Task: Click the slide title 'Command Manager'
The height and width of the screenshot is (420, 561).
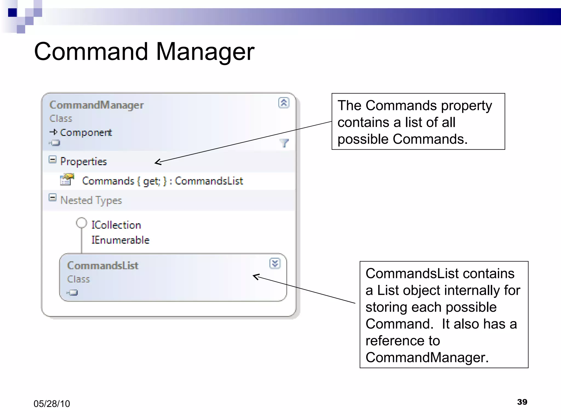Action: tap(144, 52)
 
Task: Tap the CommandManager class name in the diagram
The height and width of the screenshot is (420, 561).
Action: tap(96, 105)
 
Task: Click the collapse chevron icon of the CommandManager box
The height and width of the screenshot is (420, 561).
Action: tap(284, 103)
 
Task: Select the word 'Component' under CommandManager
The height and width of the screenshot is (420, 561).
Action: tap(86, 133)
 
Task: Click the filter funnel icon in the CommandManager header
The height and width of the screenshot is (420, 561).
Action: tap(284, 143)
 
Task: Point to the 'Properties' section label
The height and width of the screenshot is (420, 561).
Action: tap(84, 162)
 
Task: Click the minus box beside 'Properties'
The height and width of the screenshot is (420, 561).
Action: tap(52, 160)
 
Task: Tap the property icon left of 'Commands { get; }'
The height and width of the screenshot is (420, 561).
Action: tap(67, 180)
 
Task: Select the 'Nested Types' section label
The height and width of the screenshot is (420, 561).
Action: tap(91, 200)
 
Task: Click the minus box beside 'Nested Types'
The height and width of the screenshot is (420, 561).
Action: tap(52, 197)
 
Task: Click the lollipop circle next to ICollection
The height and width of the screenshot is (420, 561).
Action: tap(81, 223)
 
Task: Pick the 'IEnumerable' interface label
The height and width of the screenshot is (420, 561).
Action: tap(120, 240)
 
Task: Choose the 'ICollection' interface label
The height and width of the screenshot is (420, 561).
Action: tap(116, 225)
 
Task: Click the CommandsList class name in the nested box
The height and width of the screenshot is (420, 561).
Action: tap(103, 266)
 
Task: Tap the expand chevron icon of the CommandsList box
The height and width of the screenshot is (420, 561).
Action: tap(275, 263)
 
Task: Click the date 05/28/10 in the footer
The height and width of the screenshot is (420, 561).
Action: tap(52, 404)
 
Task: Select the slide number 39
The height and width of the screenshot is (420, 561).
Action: tap(522, 402)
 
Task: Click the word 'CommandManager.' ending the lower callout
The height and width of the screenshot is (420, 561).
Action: tap(427, 358)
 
